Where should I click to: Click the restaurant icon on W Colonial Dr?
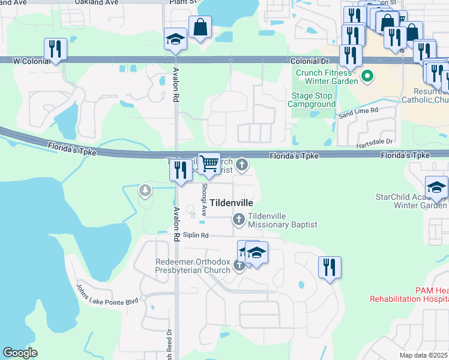(55, 49)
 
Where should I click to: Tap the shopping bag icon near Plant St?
(200, 27)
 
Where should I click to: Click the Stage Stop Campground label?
(312, 100)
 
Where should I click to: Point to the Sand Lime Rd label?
(358, 112)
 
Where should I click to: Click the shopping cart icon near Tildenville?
(209, 163)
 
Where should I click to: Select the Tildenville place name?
(231, 203)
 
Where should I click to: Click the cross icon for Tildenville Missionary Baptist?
(239, 220)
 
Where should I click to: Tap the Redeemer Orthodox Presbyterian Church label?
(193, 266)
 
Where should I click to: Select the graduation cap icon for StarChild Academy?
(436, 187)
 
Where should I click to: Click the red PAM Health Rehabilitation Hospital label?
(409, 294)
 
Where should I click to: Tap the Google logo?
(20, 353)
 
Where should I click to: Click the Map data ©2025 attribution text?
(424, 356)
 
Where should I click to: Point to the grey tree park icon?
(145, 190)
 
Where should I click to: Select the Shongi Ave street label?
(203, 200)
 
